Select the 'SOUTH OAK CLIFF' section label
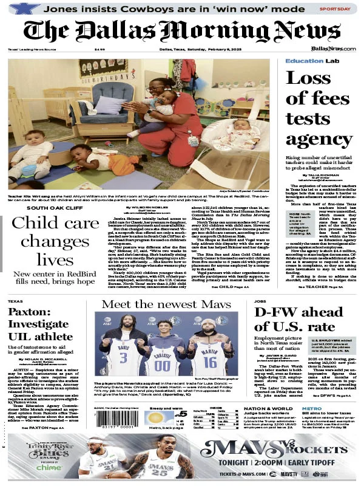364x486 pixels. pyautogui.click(x=41, y=207)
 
